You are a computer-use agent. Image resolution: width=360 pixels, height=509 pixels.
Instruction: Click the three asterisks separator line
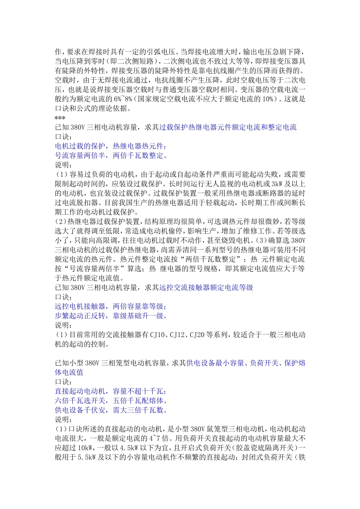(x=60, y=118)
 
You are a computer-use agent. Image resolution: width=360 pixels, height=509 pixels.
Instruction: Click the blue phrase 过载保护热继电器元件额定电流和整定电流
(x=228, y=127)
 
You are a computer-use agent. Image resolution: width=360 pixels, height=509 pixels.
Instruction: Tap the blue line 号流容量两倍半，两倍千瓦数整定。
(x=111, y=156)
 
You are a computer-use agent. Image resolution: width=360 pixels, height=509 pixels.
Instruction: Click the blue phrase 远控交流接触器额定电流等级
(x=206, y=288)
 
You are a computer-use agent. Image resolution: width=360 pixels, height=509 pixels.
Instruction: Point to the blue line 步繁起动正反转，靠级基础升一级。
(x=111, y=316)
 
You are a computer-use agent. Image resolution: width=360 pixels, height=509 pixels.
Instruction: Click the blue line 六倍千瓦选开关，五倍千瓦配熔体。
(x=111, y=401)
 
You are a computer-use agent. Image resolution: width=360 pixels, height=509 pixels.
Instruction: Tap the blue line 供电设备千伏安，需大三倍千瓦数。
(x=111, y=410)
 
